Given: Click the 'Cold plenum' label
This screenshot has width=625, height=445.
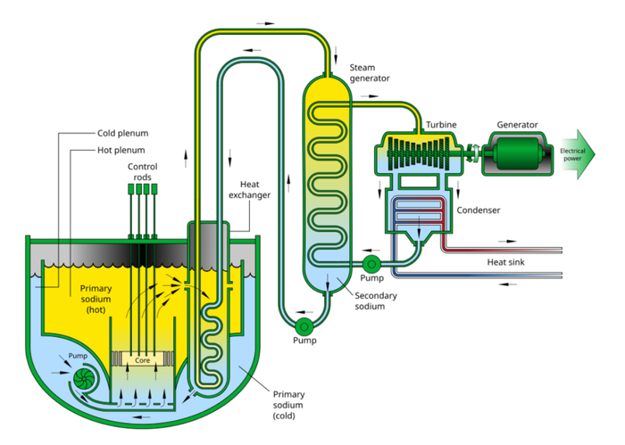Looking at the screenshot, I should (x=121, y=134).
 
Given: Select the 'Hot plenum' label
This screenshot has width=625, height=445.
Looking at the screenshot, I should (x=120, y=150).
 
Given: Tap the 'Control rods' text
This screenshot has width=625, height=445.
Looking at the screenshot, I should (x=142, y=172).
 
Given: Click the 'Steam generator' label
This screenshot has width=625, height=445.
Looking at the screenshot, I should (x=370, y=72).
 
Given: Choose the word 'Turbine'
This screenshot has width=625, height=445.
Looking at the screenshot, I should (x=442, y=124).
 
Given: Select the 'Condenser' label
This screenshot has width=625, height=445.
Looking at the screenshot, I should (x=479, y=210).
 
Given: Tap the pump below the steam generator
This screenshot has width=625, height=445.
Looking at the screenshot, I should (x=304, y=326).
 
